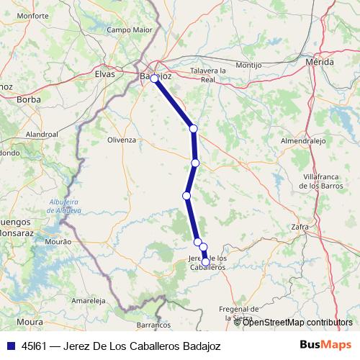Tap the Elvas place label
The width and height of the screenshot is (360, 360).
(105, 73)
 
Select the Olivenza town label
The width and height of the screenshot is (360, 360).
(121, 140)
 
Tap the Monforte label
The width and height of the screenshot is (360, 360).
(32, 15)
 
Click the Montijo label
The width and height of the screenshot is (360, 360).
(248, 65)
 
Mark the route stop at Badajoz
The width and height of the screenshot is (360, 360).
(154, 78)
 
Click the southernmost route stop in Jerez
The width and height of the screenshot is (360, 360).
(206, 263)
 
